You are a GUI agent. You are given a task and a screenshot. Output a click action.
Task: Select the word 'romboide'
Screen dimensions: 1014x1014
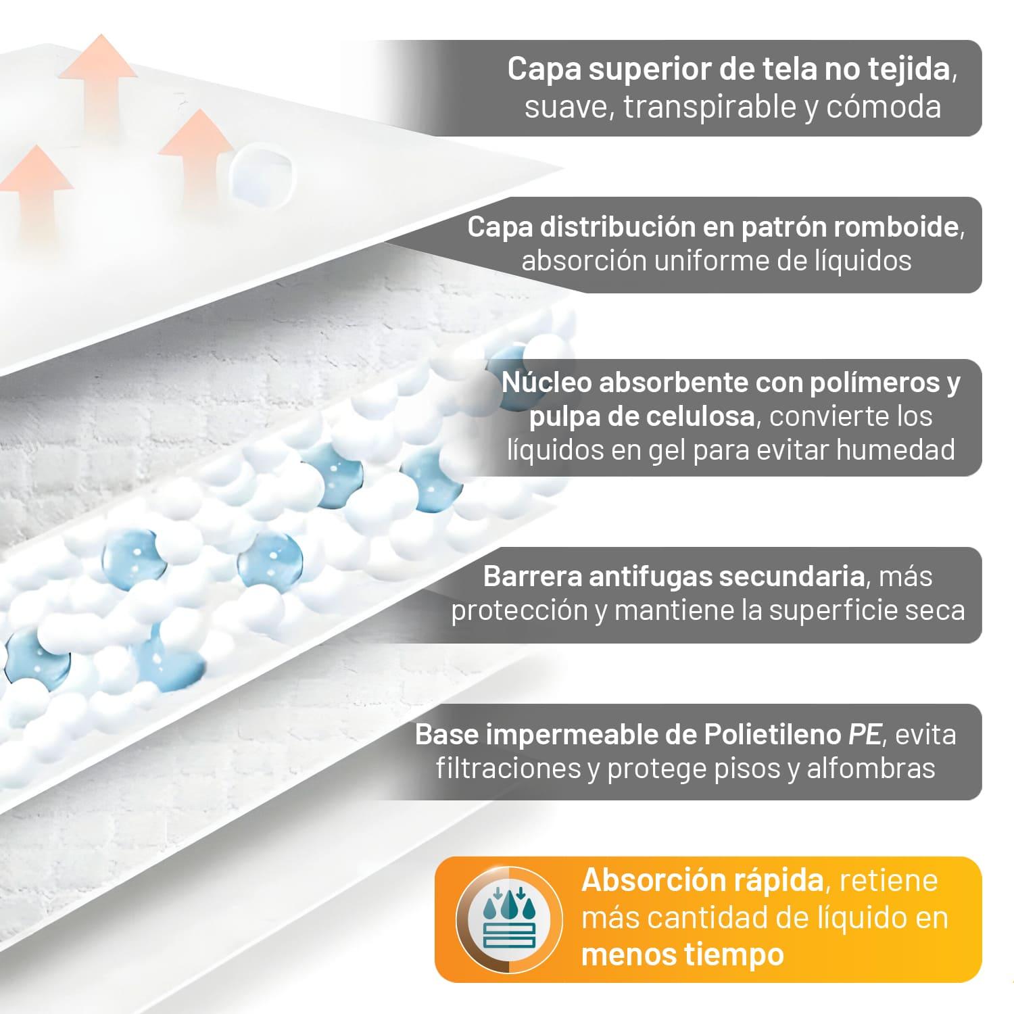coord(896,228)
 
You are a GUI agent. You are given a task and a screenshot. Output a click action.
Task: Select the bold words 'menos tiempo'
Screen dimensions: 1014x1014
coord(682,955)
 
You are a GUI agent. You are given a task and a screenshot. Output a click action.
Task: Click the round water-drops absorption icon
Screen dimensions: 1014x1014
coord(508,918)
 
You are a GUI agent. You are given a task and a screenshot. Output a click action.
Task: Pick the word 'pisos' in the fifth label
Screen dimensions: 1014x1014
coord(749,769)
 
